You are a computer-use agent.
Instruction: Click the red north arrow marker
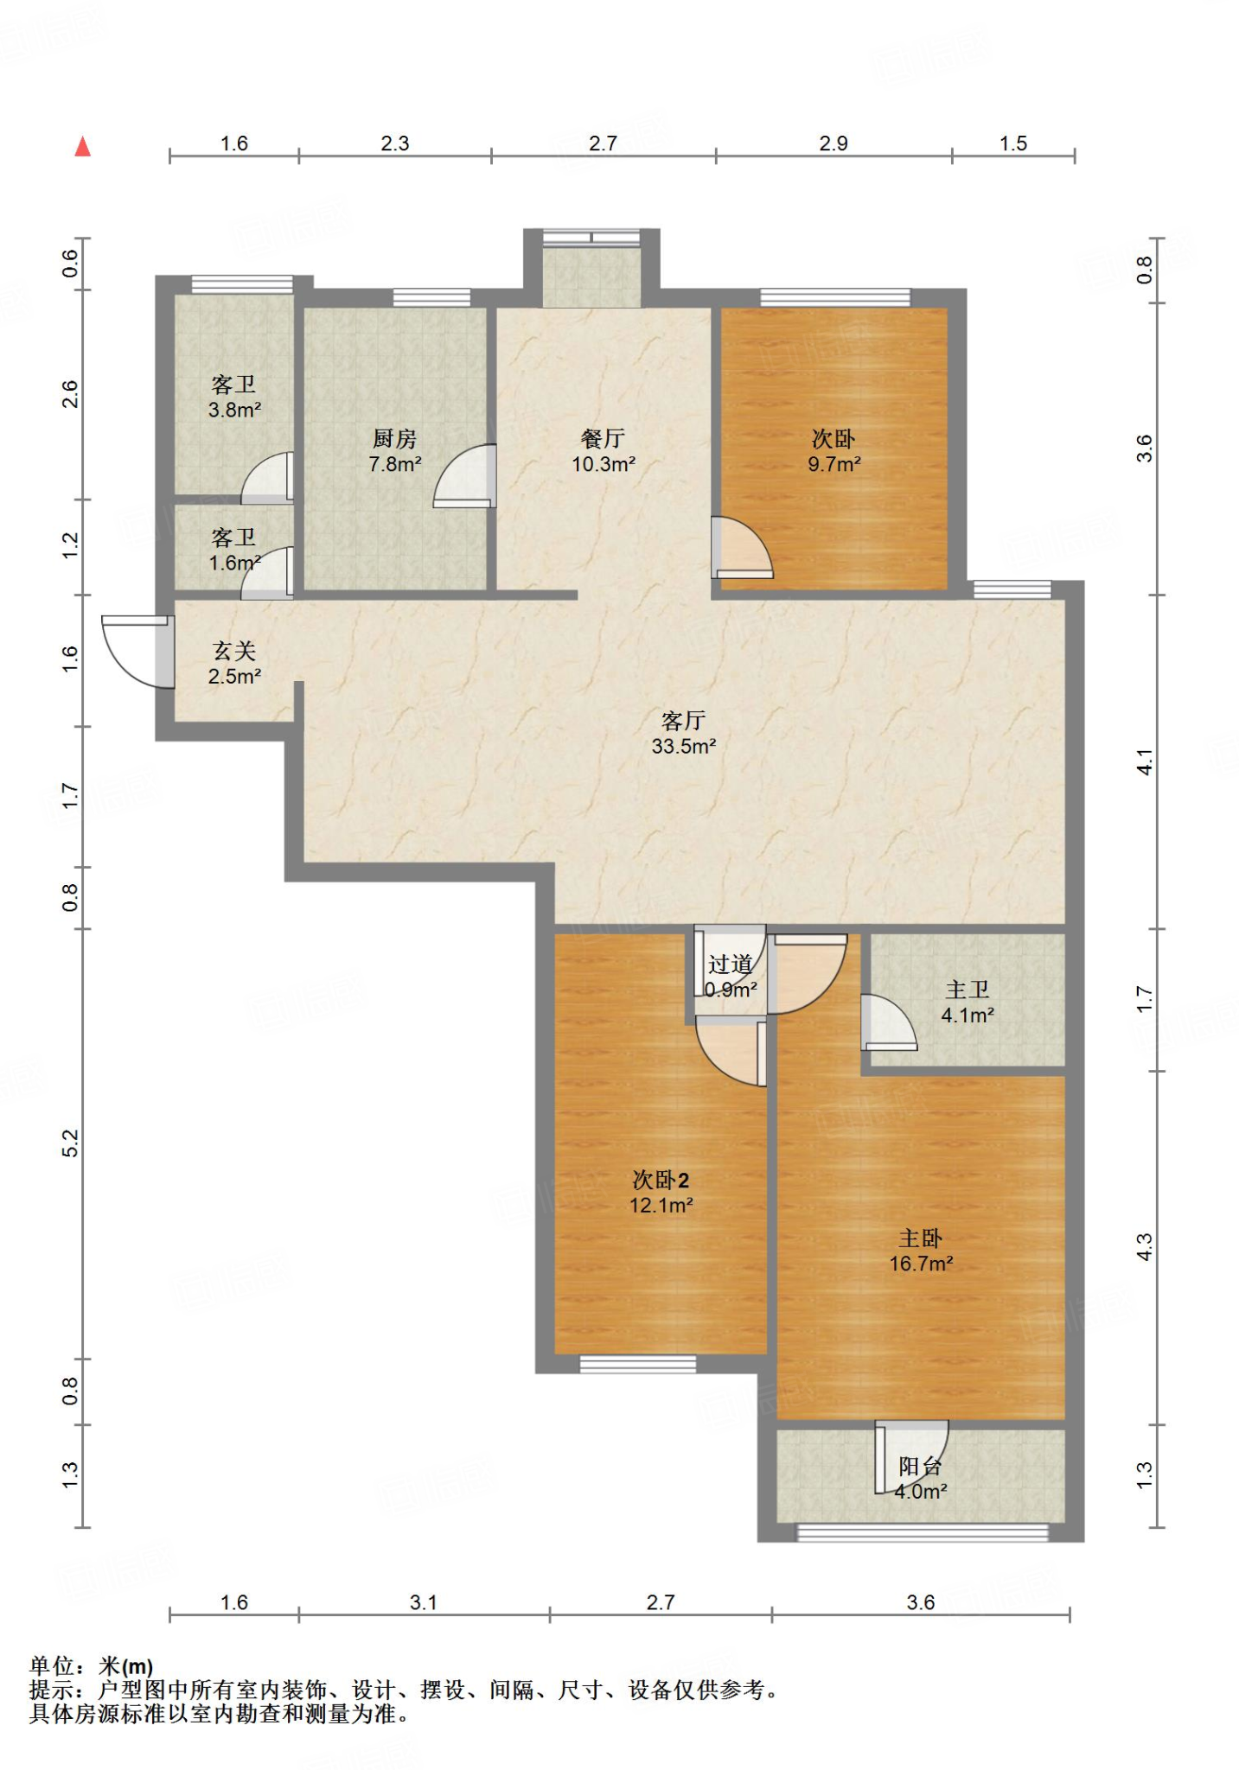point(83,146)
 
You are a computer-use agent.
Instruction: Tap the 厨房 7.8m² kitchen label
point(395,451)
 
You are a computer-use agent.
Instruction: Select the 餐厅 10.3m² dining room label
point(604,451)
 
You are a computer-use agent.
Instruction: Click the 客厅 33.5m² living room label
point(684,733)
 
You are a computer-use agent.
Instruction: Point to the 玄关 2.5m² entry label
point(234,663)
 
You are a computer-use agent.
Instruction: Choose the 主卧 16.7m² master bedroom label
point(921,1251)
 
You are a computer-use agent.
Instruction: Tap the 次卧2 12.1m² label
point(661,1192)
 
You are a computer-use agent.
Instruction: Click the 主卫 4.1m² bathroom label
point(968,1002)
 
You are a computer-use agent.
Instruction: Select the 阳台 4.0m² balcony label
point(921,1478)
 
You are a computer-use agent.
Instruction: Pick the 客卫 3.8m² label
point(234,397)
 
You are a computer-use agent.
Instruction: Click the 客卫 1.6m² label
point(234,550)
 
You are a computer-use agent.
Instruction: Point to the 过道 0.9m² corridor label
point(731,977)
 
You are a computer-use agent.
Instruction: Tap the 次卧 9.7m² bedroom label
point(834,451)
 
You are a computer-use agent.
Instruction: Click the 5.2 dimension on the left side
point(70,1143)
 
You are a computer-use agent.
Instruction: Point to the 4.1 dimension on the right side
point(1144,761)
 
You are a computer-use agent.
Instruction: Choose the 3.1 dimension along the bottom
point(424,1602)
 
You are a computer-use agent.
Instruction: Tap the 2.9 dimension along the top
point(833,143)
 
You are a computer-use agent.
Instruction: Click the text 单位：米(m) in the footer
point(92,1666)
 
